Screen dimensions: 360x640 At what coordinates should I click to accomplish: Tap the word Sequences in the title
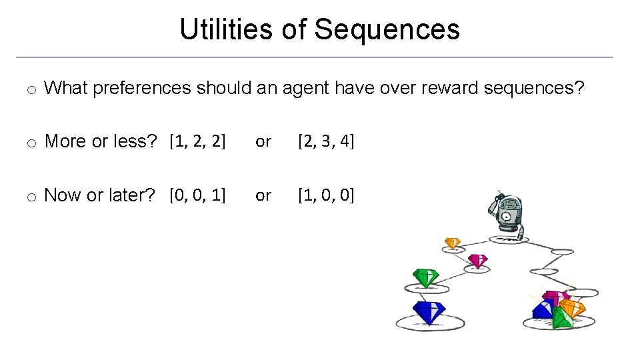(x=387, y=29)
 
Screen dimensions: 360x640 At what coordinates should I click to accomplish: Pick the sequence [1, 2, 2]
(x=197, y=141)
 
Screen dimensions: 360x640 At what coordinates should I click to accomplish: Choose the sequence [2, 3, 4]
(x=326, y=141)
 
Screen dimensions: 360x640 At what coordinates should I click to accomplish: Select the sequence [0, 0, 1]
(x=197, y=195)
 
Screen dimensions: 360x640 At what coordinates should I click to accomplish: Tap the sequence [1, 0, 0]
(x=326, y=195)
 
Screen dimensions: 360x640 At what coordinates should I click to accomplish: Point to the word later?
(x=132, y=195)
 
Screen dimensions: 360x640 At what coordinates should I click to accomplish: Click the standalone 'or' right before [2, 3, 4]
(x=263, y=141)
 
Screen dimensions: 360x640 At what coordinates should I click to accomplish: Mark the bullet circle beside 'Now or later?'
(x=31, y=196)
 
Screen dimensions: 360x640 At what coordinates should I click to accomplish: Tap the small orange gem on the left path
(x=453, y=243)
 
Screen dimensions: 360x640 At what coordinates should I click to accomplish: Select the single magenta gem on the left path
(x=477, y=260)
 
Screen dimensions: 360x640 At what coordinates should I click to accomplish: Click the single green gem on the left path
(x=425, y=277)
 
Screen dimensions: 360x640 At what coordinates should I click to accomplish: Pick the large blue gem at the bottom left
(x=429, y=311)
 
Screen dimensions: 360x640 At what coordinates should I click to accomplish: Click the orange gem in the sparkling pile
(x=571, y=307)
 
